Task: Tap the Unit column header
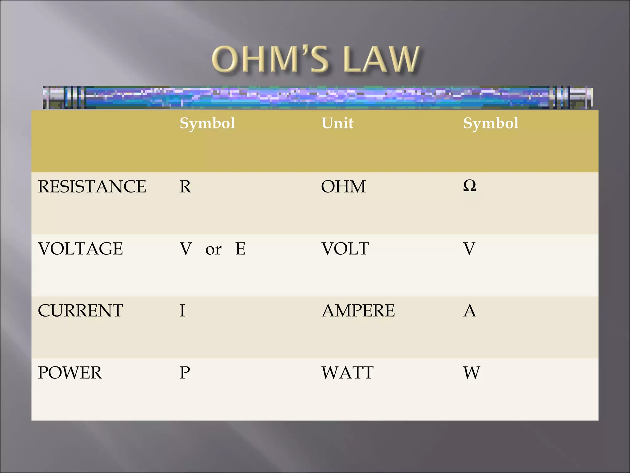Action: click(337, 123)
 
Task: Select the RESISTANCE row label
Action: click(92, 187)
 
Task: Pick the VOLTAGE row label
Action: click(80, 249)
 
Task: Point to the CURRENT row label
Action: click(80, 310)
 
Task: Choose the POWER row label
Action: click(70, 373)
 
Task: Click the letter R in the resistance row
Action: click(185, 187)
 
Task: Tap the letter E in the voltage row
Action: click(240, 249)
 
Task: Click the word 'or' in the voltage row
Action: click(213, 249)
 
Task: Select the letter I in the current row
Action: click(182, 310)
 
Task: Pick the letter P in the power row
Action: click(185, 373)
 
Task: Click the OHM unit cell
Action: click(343, 187)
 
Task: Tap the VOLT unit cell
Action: click(345, 249)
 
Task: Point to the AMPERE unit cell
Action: click(358, 310)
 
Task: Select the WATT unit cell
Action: click(347, 373)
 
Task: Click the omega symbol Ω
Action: click(469, 186)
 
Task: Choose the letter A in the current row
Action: click(469, 310)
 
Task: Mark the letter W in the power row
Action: click(472, 373)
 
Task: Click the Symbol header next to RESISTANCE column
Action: click(207, 123)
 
